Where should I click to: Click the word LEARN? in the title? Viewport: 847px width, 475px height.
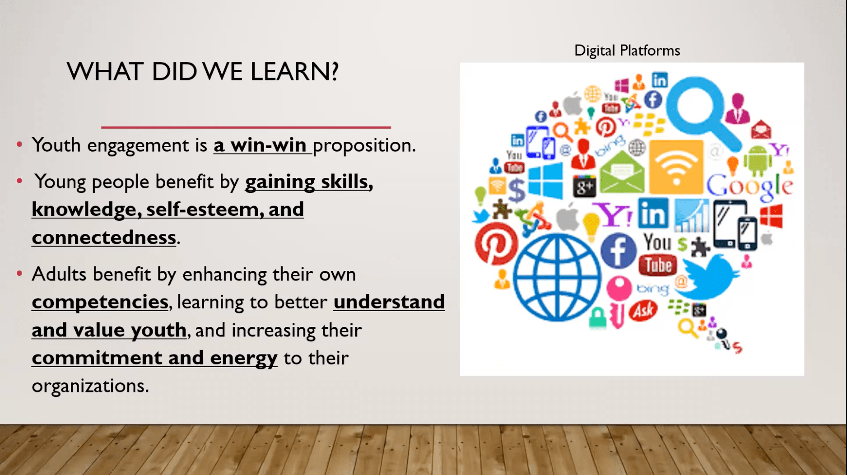(x=294, y=71)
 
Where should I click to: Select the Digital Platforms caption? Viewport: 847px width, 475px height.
(x=627, y=51)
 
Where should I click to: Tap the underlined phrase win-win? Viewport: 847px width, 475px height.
(x=268, y=145)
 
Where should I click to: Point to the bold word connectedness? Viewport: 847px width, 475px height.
(x=104, y=237)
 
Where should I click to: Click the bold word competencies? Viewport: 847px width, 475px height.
(x=100, y=302)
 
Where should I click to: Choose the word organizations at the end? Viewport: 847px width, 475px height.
(x=90, y=386)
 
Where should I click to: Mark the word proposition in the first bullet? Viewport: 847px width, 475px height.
(x=364, y=146)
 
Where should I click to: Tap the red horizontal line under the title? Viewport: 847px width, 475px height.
(x=246, y=127)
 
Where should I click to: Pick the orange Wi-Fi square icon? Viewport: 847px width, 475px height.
(x=676, y=167)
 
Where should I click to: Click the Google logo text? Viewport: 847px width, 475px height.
(x=749, y=186)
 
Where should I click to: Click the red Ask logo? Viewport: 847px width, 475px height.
(x=643, y=311)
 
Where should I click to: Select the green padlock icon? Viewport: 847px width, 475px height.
(x=597, y=318)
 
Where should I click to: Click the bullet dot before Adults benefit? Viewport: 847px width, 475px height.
(x=19, y=274)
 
